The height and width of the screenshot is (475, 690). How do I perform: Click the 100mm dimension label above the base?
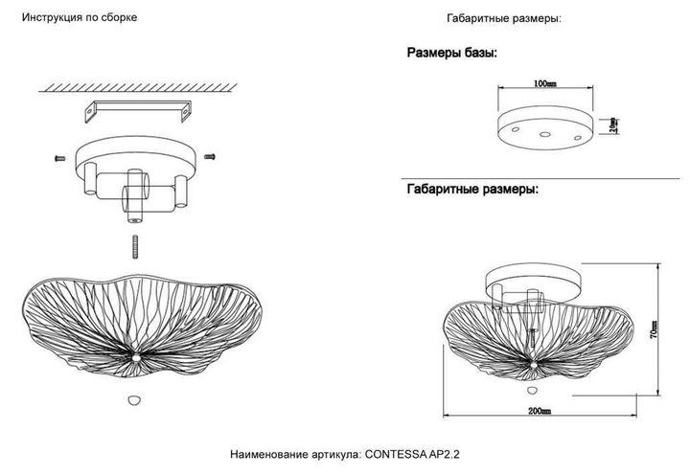(545, 84)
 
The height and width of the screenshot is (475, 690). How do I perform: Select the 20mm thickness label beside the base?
(613, 125)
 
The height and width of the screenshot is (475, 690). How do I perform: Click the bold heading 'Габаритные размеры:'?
(472, 190)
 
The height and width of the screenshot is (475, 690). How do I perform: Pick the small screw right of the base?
(211, 154)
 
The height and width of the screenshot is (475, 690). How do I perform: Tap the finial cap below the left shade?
(133, 397)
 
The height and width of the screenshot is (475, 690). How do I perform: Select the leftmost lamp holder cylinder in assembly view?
(87, 180)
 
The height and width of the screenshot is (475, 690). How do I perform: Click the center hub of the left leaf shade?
(140, 353)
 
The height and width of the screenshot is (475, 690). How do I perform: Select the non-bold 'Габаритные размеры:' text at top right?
(504, 18)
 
